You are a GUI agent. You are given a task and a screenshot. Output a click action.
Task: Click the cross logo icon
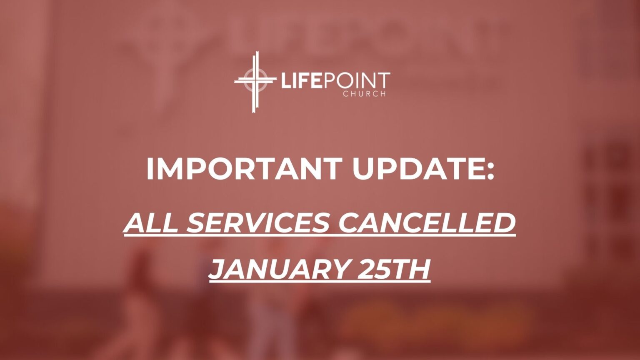pos(255,82)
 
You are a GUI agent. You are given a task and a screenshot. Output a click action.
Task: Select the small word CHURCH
pos(364,94)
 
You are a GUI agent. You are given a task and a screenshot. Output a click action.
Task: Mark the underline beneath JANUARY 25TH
pos(320,282)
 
